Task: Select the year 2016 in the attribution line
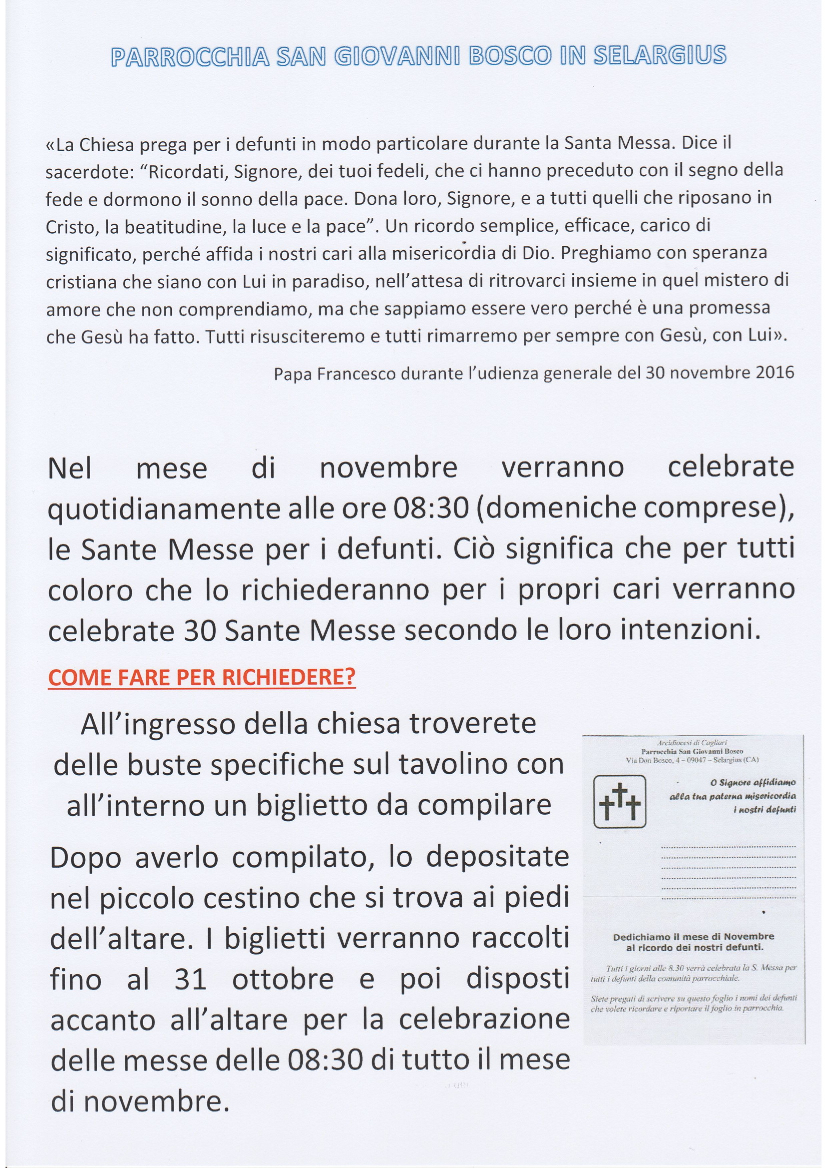(772, 373)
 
